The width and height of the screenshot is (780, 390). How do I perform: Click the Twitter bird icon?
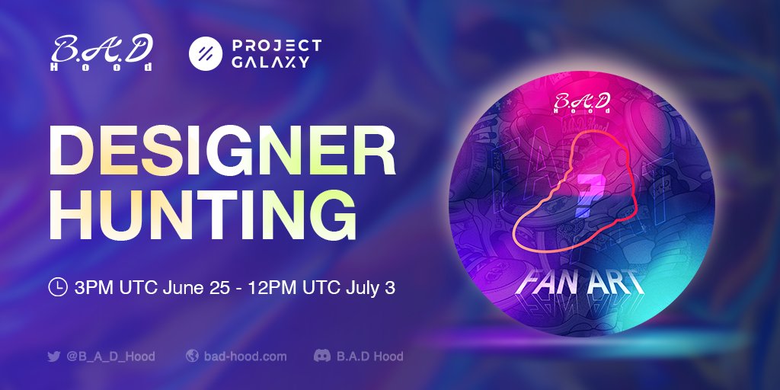point(53,356)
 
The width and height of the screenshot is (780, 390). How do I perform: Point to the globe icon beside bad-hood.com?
point(193,356)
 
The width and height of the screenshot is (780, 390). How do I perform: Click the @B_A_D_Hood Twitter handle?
point(110,356)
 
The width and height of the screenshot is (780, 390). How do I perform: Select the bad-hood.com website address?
point(245,356)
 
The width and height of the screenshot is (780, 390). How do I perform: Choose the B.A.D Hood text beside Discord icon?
point(369,356)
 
